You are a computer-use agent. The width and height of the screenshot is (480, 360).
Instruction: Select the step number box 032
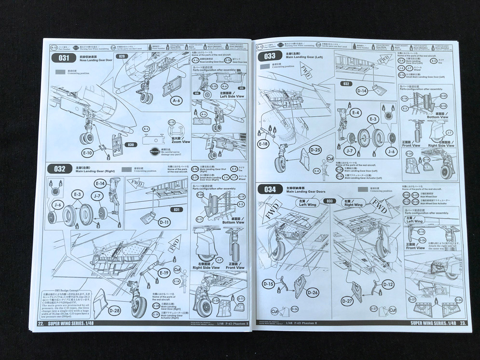click(60, 168)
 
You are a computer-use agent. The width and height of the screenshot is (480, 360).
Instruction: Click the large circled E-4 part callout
click(356, 112)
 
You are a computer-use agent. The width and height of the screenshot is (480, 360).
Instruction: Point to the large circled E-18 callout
click(263, 143)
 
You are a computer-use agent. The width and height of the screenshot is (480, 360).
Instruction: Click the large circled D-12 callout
click(388, 285)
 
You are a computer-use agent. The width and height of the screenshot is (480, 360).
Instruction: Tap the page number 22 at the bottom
click(41, 323)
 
